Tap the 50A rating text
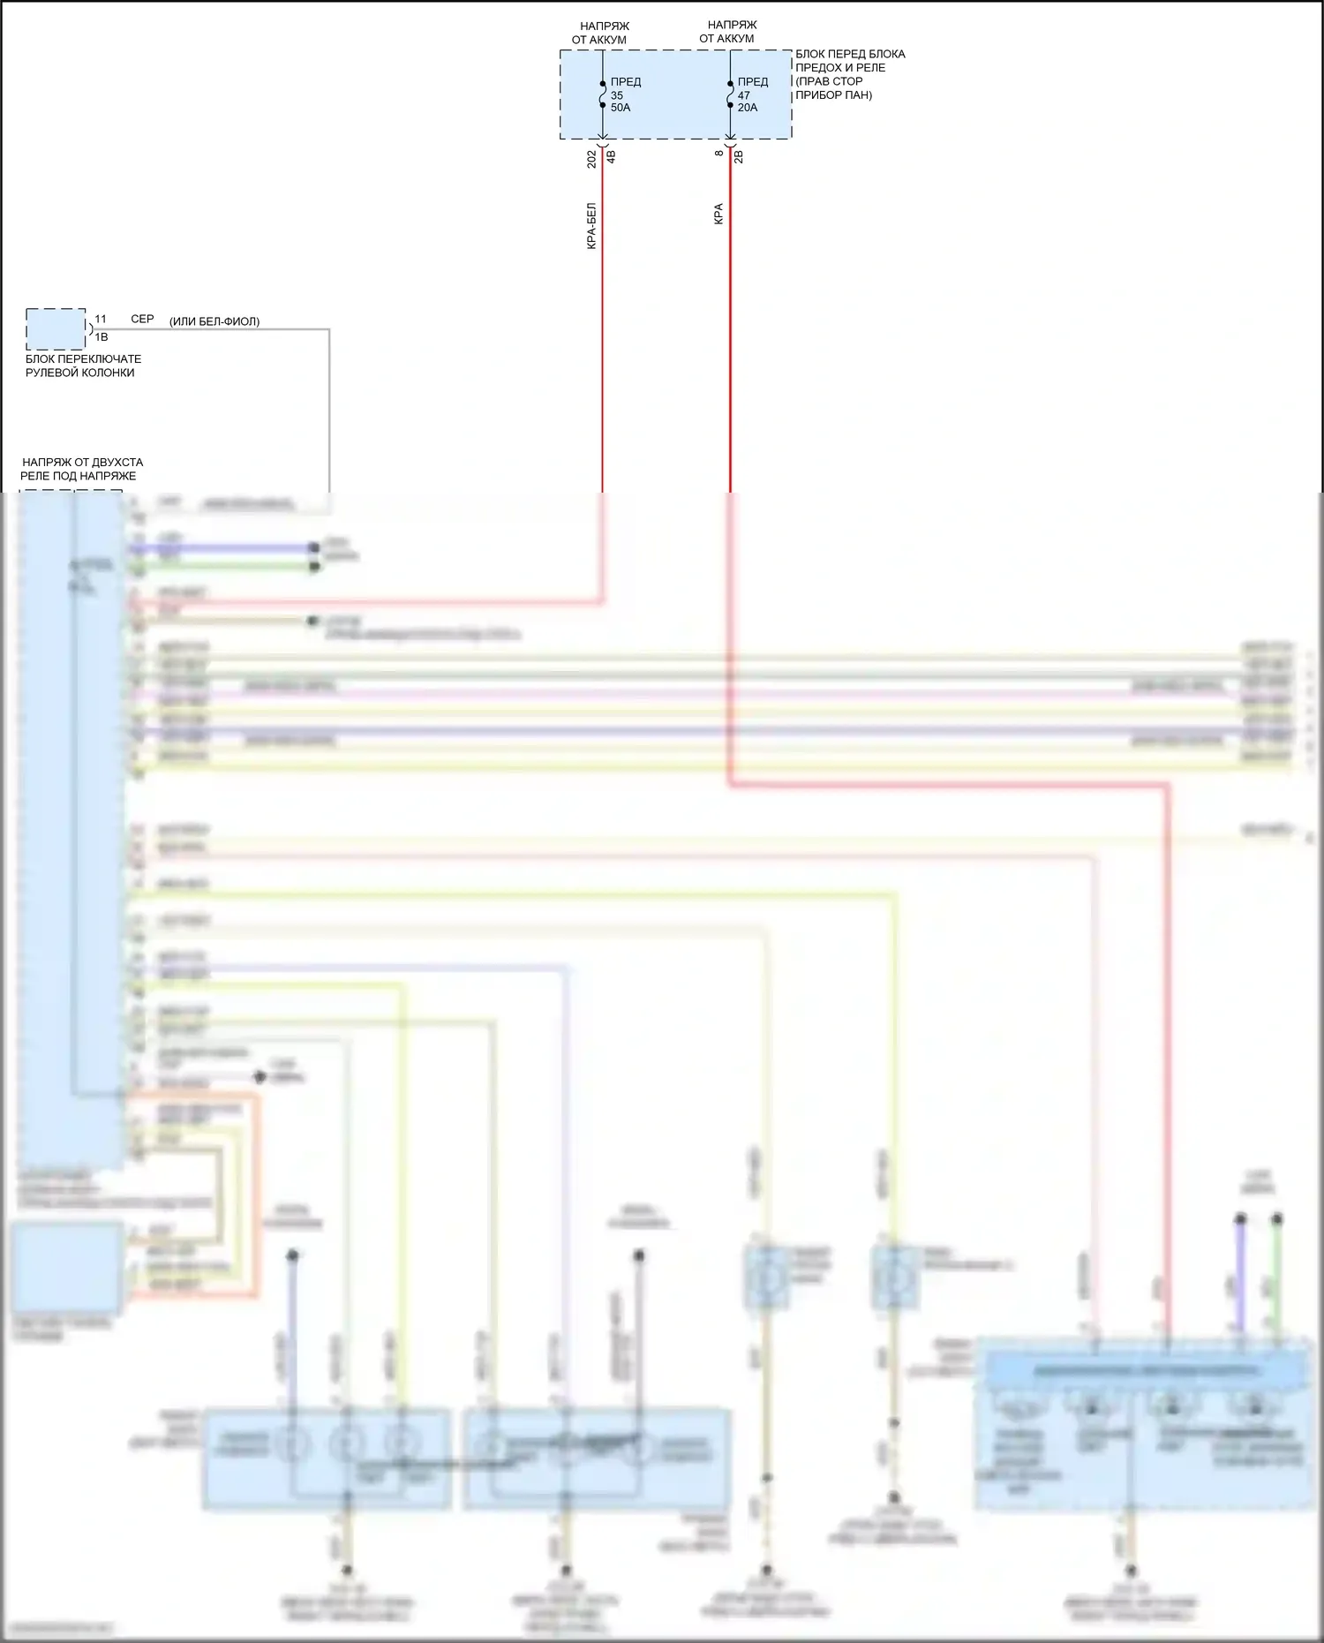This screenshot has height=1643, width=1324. tap(621, 108)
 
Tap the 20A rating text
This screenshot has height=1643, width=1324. tap(748, 108)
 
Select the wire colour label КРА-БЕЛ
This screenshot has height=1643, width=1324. tap(591, 226)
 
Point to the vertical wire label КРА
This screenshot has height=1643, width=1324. tap(718, 215)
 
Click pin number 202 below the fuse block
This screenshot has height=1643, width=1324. tap(591, 159)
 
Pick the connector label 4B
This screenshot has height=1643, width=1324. tap(611, 157)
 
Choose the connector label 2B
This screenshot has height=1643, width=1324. tap(739, 157)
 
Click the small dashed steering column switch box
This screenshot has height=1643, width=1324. tap(56, 329)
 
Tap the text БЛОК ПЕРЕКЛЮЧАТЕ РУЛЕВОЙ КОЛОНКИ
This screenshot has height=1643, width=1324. tap(83, 366)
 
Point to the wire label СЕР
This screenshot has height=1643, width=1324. tap(142, 319)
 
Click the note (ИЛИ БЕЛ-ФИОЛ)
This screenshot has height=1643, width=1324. tap(214, 321)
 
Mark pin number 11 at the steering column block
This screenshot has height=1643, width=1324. tap(101, 320)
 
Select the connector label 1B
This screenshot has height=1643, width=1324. tap(102, 337)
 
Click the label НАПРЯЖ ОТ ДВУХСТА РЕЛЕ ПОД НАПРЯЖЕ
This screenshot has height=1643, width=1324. tap(81, 469)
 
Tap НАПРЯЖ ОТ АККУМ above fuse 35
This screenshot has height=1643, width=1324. tap(600, 33)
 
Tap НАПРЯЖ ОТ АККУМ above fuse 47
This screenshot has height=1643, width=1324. tap(728, 32)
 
